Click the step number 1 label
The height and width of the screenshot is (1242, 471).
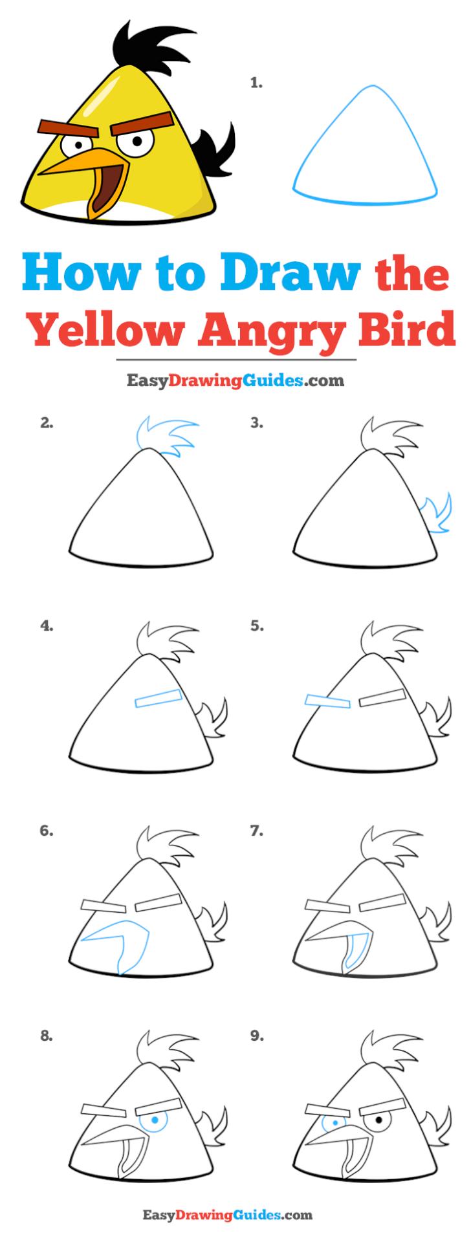coord(256,83)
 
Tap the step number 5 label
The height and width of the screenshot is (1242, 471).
coord(257,626)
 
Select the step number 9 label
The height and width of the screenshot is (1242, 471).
coord(257,1036)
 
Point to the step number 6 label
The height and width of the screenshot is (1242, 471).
coord(46,831)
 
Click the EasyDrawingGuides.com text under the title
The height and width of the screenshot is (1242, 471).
coord(234,380)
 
